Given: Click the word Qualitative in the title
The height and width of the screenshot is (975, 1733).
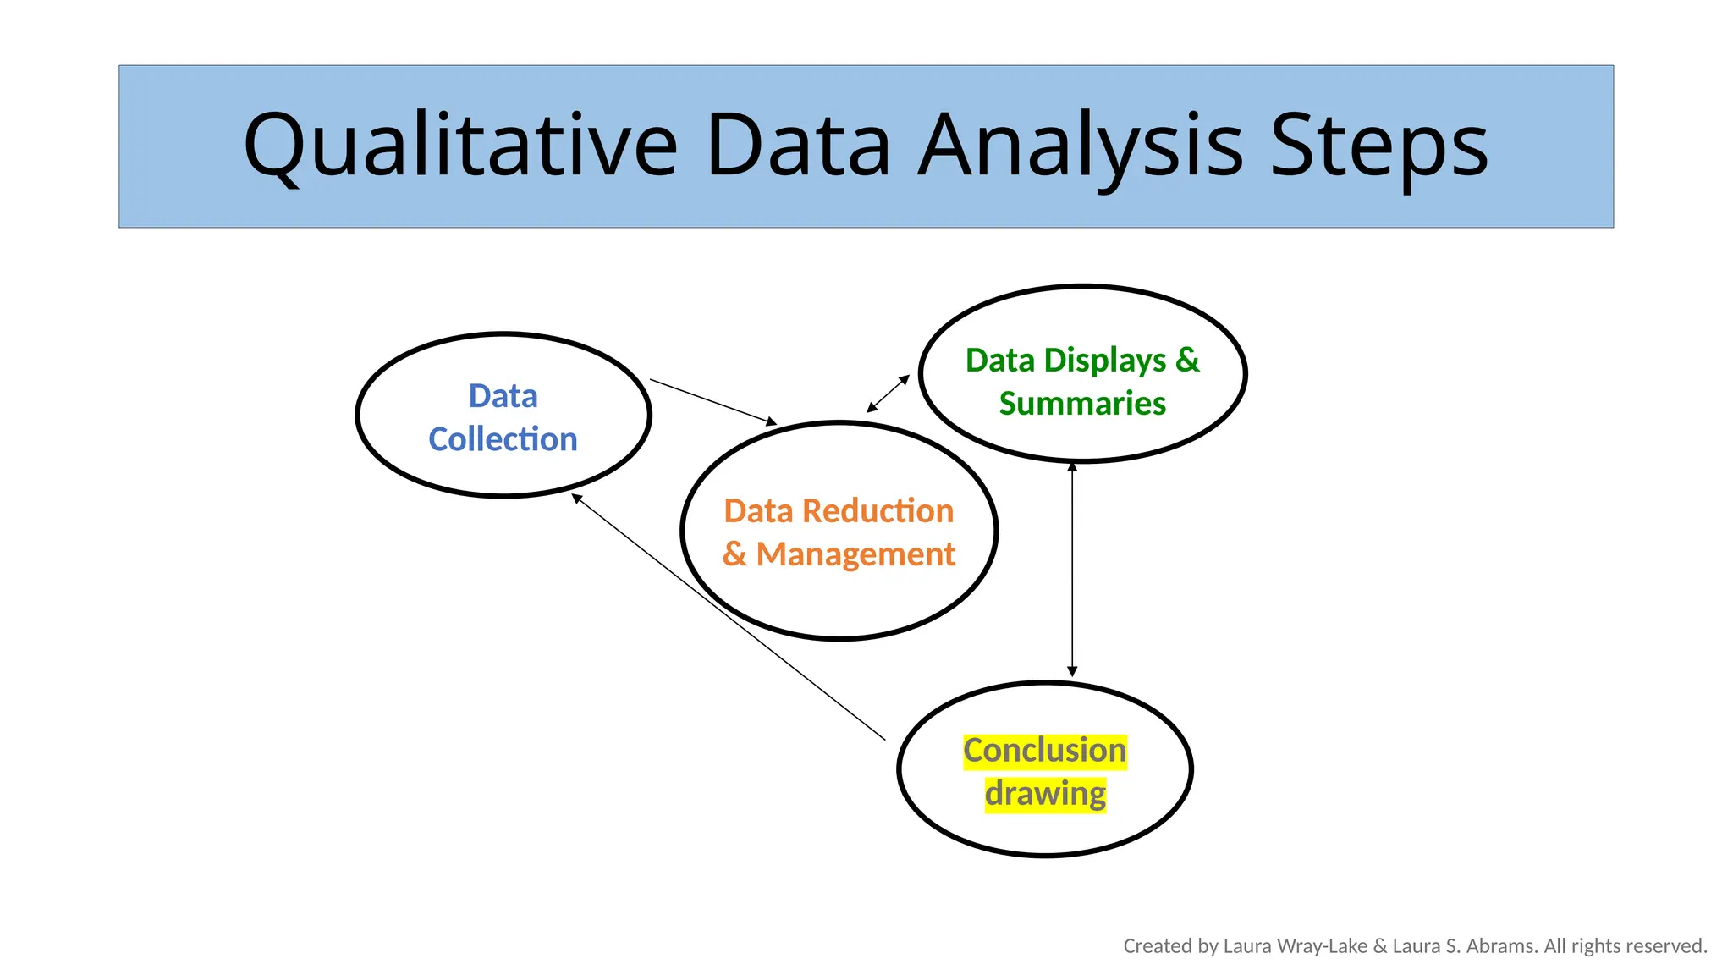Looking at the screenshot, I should coord(460,146).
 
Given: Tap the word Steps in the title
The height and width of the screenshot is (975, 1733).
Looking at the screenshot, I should coord(1378,146).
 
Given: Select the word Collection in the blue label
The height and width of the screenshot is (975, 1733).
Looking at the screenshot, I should coord(503,439).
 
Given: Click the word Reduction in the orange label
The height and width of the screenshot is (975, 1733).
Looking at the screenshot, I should coord(878,511).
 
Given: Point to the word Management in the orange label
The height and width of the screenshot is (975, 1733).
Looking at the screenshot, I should coord(855,554).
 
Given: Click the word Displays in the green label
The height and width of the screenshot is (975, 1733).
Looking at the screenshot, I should coord(1105,361).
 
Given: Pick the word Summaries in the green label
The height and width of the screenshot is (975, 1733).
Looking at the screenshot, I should coord(1082,404).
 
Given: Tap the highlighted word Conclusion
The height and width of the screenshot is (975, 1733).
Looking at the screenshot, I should coord(1044,751).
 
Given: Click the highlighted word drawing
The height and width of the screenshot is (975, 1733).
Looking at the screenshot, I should coord(1045,794).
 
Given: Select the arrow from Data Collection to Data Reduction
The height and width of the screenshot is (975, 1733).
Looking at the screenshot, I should coord(712,401).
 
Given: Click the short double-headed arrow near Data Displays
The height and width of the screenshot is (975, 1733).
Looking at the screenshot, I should coord(888,394).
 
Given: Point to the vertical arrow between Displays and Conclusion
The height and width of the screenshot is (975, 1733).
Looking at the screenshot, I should coord(1072,569).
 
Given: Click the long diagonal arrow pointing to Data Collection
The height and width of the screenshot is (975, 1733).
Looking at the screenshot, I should coord(728,617).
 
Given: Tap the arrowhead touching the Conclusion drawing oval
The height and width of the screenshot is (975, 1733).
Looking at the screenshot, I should coord(1072,671).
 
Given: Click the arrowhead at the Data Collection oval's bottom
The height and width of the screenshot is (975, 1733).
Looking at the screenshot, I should coord(577,499).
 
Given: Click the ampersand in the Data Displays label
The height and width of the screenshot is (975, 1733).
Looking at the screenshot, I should coord(1187,361).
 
